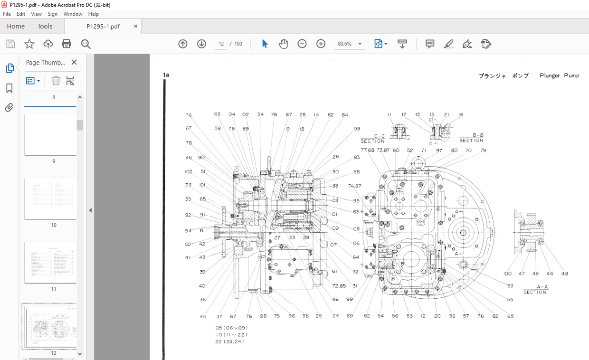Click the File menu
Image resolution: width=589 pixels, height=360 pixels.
pyautogui.click(x=7, y=14)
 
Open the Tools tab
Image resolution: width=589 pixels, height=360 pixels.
pyautogui.click(x=45, y=27)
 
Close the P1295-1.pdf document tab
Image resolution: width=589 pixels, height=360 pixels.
pyautogui.click(x=136, y=27)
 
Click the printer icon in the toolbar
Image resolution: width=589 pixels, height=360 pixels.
pyautogui.click(x=66, y=44)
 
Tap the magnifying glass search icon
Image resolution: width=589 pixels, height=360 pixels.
pyautogui.click(x=85, y=44)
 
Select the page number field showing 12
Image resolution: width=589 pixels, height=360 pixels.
pyautogui.click(x=221, y=44)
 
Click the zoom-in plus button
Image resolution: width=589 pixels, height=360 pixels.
pyautogui.click(x=321, y=44)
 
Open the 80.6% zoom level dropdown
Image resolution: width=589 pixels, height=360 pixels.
pyautogui.click(x=360, y=44)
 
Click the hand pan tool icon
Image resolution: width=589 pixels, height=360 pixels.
pyautogui.click(x=284, y=44)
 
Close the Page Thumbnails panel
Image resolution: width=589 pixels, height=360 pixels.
pyautogui.click(x=74, y=62)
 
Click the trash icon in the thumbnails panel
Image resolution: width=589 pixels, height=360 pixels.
pyautogui.click(x=56, y=81)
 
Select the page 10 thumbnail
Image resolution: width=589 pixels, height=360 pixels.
pyautogui.click(x=50, y=199)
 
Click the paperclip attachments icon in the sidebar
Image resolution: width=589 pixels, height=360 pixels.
pyautogui.click(x=9, y=108)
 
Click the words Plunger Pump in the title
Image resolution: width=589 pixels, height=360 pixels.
pyautogui.click(x=559, y=76)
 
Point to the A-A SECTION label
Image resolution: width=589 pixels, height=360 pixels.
pyautogui.click(x=535, y=290)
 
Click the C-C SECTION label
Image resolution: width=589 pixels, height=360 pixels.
pyautogui.click(x=373, y=138)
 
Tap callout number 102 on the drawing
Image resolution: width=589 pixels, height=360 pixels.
pyautogui.click(x=189, y=171)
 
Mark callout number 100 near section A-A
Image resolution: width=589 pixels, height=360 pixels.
pyautogui.click(x=508, y=274)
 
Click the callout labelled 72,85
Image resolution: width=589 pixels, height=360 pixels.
pyautogui.click(x=339, y=285)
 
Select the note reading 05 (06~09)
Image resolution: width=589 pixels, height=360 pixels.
pyautogui.click(x=231, y=328)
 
